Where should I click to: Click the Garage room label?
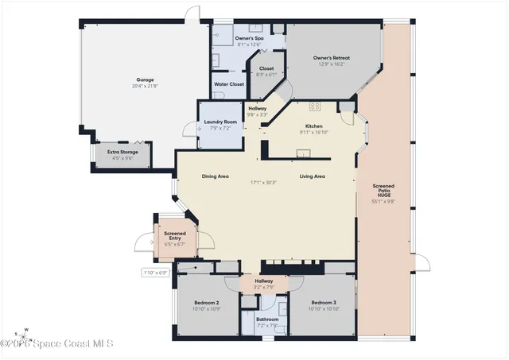click(144, 81)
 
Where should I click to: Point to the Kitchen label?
click(313, 126)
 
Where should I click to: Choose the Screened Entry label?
click(174, 236)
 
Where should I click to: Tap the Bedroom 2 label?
click(206, 303)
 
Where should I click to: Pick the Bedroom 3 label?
click(324, 303)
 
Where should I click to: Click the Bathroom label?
click(267, 319)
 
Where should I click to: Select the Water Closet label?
click(230, 84)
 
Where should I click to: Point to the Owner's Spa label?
click(249, 37)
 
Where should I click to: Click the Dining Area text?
click(215, 176)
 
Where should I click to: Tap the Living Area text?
click(312, 176)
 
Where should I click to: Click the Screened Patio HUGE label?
click(384, 191)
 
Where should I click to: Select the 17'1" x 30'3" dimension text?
click(264, 182)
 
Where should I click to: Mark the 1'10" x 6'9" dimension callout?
click(156, 273)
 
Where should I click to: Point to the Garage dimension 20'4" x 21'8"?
click(144, 87)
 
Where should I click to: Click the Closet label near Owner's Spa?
click(266, 68)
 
